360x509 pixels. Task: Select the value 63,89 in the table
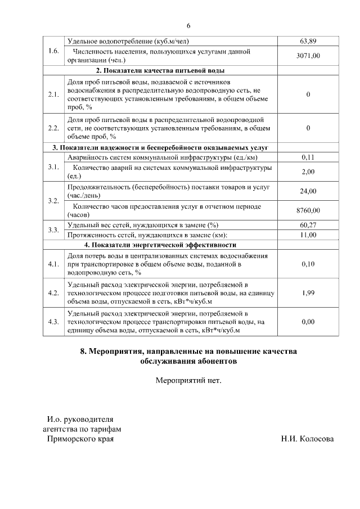(x=308, y=42)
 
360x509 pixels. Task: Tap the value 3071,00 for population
(x=308, y=56)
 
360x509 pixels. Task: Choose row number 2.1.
(x=54, y=94)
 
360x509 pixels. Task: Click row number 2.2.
(x=54, y=128)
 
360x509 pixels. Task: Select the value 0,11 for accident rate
(x=308, y=157)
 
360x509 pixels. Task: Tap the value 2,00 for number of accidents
(x=308, y=172)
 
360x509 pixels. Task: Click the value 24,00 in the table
(x=308, y=191)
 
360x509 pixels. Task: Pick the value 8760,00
(x=308, y=210)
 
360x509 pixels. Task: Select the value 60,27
(x=308, y=225)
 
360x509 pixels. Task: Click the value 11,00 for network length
(x=308, y=235)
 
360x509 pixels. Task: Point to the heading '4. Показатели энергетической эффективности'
(x=160, y=245)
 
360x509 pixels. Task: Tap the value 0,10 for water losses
(x=308, y=263)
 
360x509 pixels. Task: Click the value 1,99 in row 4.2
(x=308, y=293)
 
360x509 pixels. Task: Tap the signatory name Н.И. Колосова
(x=307, y=439)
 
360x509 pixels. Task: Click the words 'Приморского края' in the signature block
(x=80, y=439)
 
